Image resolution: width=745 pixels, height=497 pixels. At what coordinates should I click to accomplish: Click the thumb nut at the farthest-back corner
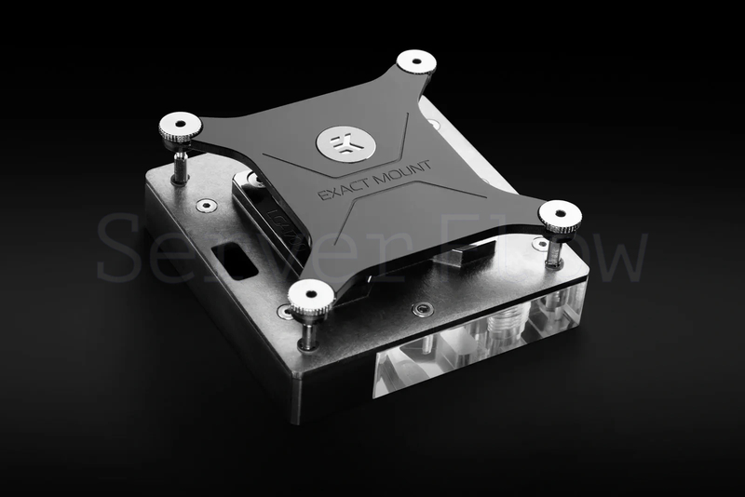point(416,62)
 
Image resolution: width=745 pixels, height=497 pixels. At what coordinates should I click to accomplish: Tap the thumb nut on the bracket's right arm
point(560,217)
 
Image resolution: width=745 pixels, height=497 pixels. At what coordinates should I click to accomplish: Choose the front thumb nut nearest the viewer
point(310,299)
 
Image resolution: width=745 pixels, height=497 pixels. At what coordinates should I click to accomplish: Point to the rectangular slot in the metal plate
point(234,262)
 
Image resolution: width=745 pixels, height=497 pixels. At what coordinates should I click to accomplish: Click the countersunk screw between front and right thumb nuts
point(424,310)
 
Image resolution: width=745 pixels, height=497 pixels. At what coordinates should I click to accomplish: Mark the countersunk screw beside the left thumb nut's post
point(207,205)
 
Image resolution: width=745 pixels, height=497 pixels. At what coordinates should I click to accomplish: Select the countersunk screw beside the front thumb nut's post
point(284,312)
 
